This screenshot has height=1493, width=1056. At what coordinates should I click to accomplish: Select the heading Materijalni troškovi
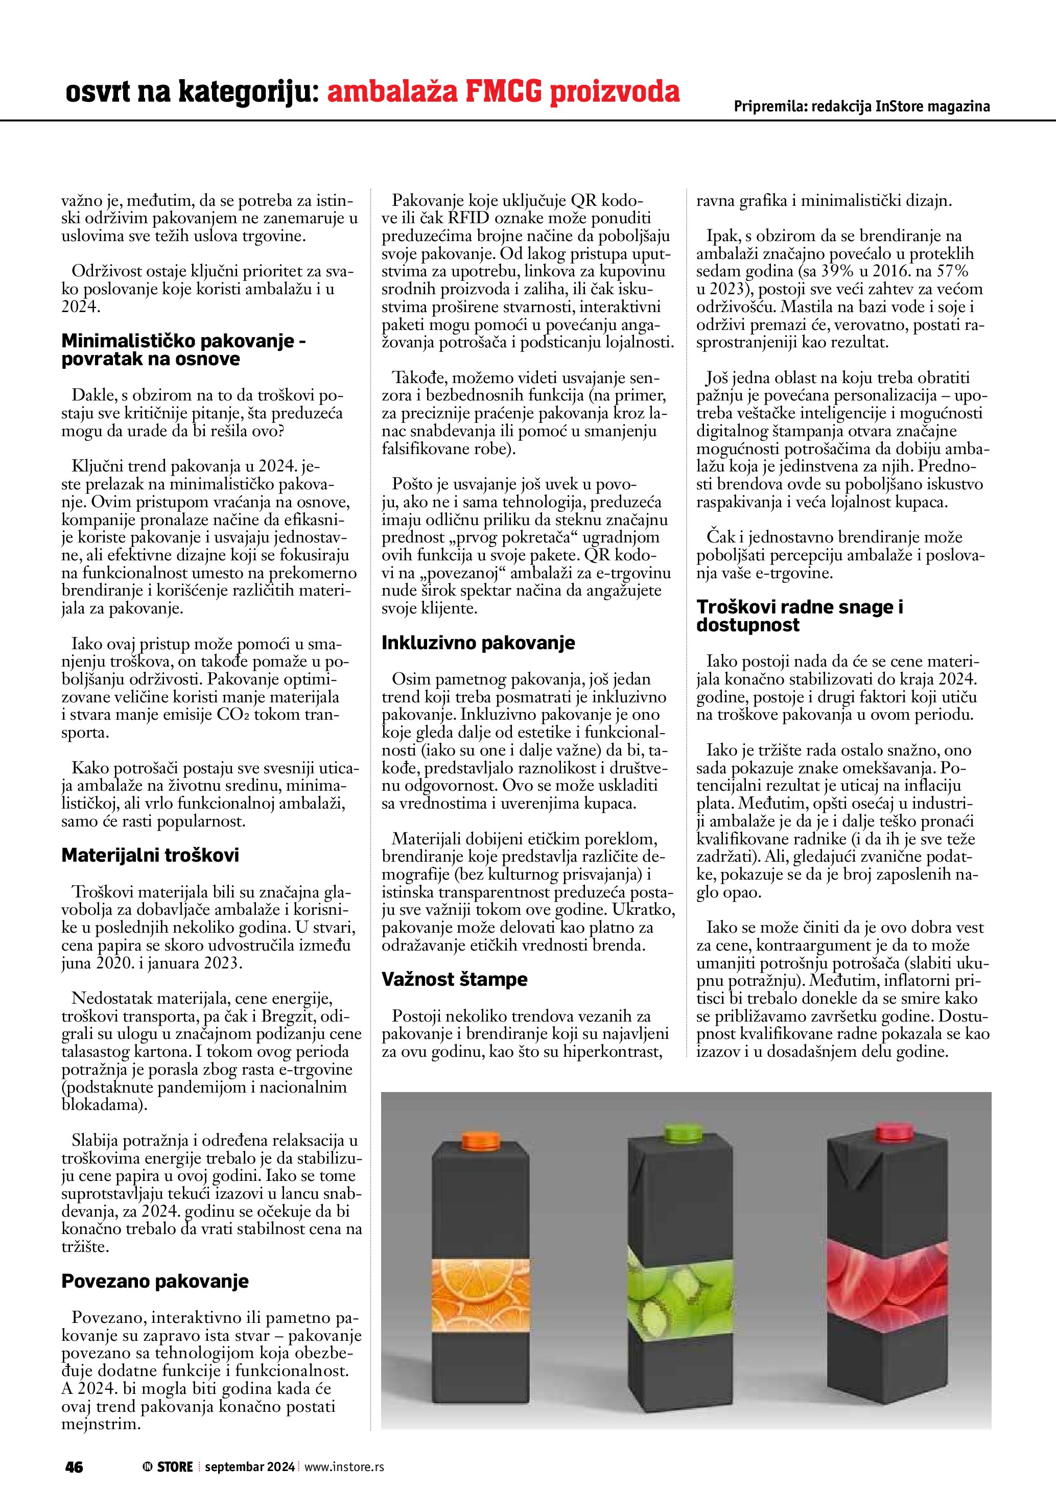pyautogui.click(x=150, y=855)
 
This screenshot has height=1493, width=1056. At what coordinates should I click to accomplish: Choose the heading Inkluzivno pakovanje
pyautogui.click(x=478, y=643)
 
